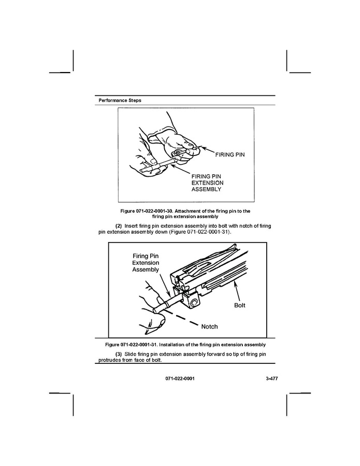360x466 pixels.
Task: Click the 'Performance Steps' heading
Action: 119,100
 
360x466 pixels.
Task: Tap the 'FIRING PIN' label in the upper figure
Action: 229,154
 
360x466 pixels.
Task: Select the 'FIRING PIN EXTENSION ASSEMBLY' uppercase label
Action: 207,183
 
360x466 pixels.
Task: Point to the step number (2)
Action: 118,226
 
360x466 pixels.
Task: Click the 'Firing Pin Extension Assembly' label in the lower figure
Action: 145,263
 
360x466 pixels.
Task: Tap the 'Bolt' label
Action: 239,305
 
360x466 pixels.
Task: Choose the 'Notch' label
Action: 209,327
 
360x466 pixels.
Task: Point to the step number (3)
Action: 118,354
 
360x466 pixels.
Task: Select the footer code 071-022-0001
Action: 180,379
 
